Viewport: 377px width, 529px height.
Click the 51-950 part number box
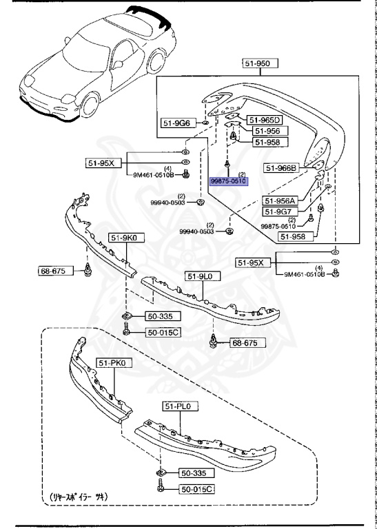259,63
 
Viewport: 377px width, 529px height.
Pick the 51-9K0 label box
122,238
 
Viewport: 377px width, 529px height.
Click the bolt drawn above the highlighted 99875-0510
227,165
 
